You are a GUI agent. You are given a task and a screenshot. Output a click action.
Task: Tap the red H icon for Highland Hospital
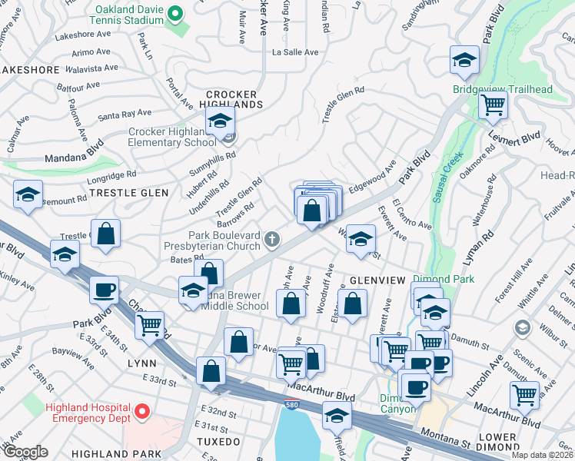click(x=141, y=413)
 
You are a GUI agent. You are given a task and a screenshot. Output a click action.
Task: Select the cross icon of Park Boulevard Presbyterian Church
click(x=271, y=240)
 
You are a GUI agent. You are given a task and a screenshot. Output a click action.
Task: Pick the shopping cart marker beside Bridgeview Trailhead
click(x=493, y=104)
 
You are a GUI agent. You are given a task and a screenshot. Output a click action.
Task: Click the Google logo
click(x=25, y=452)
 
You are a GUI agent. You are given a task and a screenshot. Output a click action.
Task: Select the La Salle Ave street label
click(x=295, y=52)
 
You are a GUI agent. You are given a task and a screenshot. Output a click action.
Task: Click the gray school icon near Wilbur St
click(x=523, y=329)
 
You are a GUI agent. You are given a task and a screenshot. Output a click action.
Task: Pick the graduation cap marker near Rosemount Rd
click(x=28, y=194)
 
